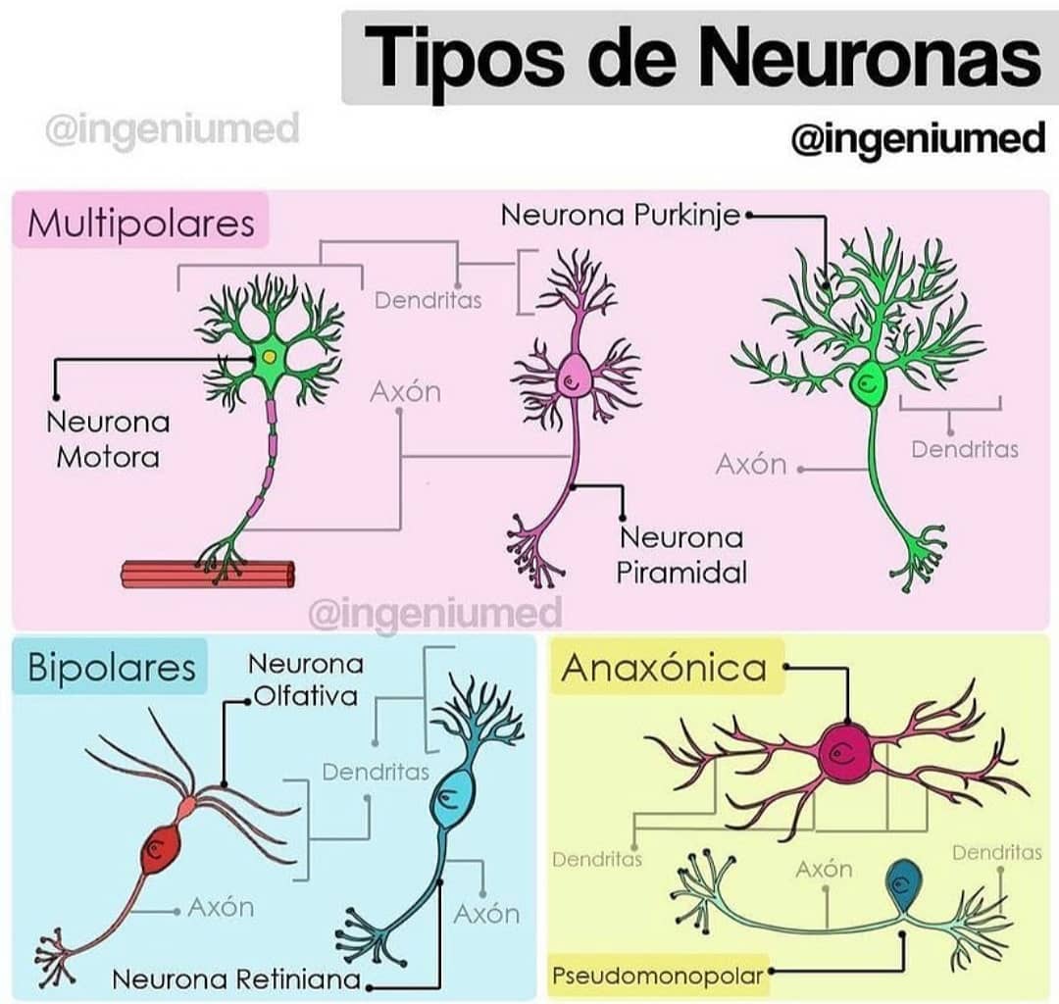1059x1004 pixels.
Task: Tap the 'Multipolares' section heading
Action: point(141,223)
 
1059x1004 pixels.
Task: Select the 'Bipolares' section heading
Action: point(112,667)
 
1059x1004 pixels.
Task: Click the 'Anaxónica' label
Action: point(664,669)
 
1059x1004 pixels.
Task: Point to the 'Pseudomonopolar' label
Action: point(658,976)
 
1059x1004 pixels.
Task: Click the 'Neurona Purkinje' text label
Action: point(621,216)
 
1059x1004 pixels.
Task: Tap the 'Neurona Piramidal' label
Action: point(681,555)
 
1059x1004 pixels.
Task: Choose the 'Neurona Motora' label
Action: point(108,440)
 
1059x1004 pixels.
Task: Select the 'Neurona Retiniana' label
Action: point(236,979)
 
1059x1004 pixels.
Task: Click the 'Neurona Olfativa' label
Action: point(306,679)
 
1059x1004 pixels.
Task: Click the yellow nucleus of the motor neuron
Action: point(270,357)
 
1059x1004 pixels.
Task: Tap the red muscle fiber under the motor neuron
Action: point(208,574)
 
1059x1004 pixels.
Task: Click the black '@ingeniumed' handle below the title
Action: point(919,140)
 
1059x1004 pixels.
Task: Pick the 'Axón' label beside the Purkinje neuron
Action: point(751,465)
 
